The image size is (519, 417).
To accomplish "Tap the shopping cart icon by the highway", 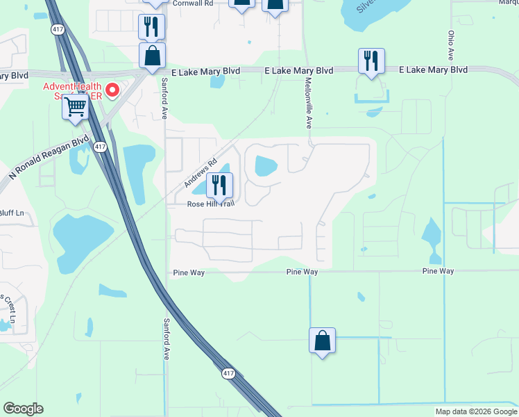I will tap(75, 108).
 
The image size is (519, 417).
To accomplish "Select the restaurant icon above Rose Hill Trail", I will tap(220, 186).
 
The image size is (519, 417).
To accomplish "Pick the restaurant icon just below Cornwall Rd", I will tap(151, 26).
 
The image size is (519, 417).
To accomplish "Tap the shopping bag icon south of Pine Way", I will tap(322, 341).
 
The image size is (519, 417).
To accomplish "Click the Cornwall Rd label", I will tap(192, 3).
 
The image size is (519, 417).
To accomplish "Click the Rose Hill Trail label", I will tap(210, 204).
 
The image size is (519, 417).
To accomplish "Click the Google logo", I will tap(23, 409).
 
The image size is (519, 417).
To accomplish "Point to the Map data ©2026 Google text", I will tap(476, 411).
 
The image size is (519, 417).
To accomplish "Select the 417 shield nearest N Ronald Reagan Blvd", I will tap(101, 147).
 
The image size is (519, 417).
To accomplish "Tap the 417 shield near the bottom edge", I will tap(229, 374).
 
